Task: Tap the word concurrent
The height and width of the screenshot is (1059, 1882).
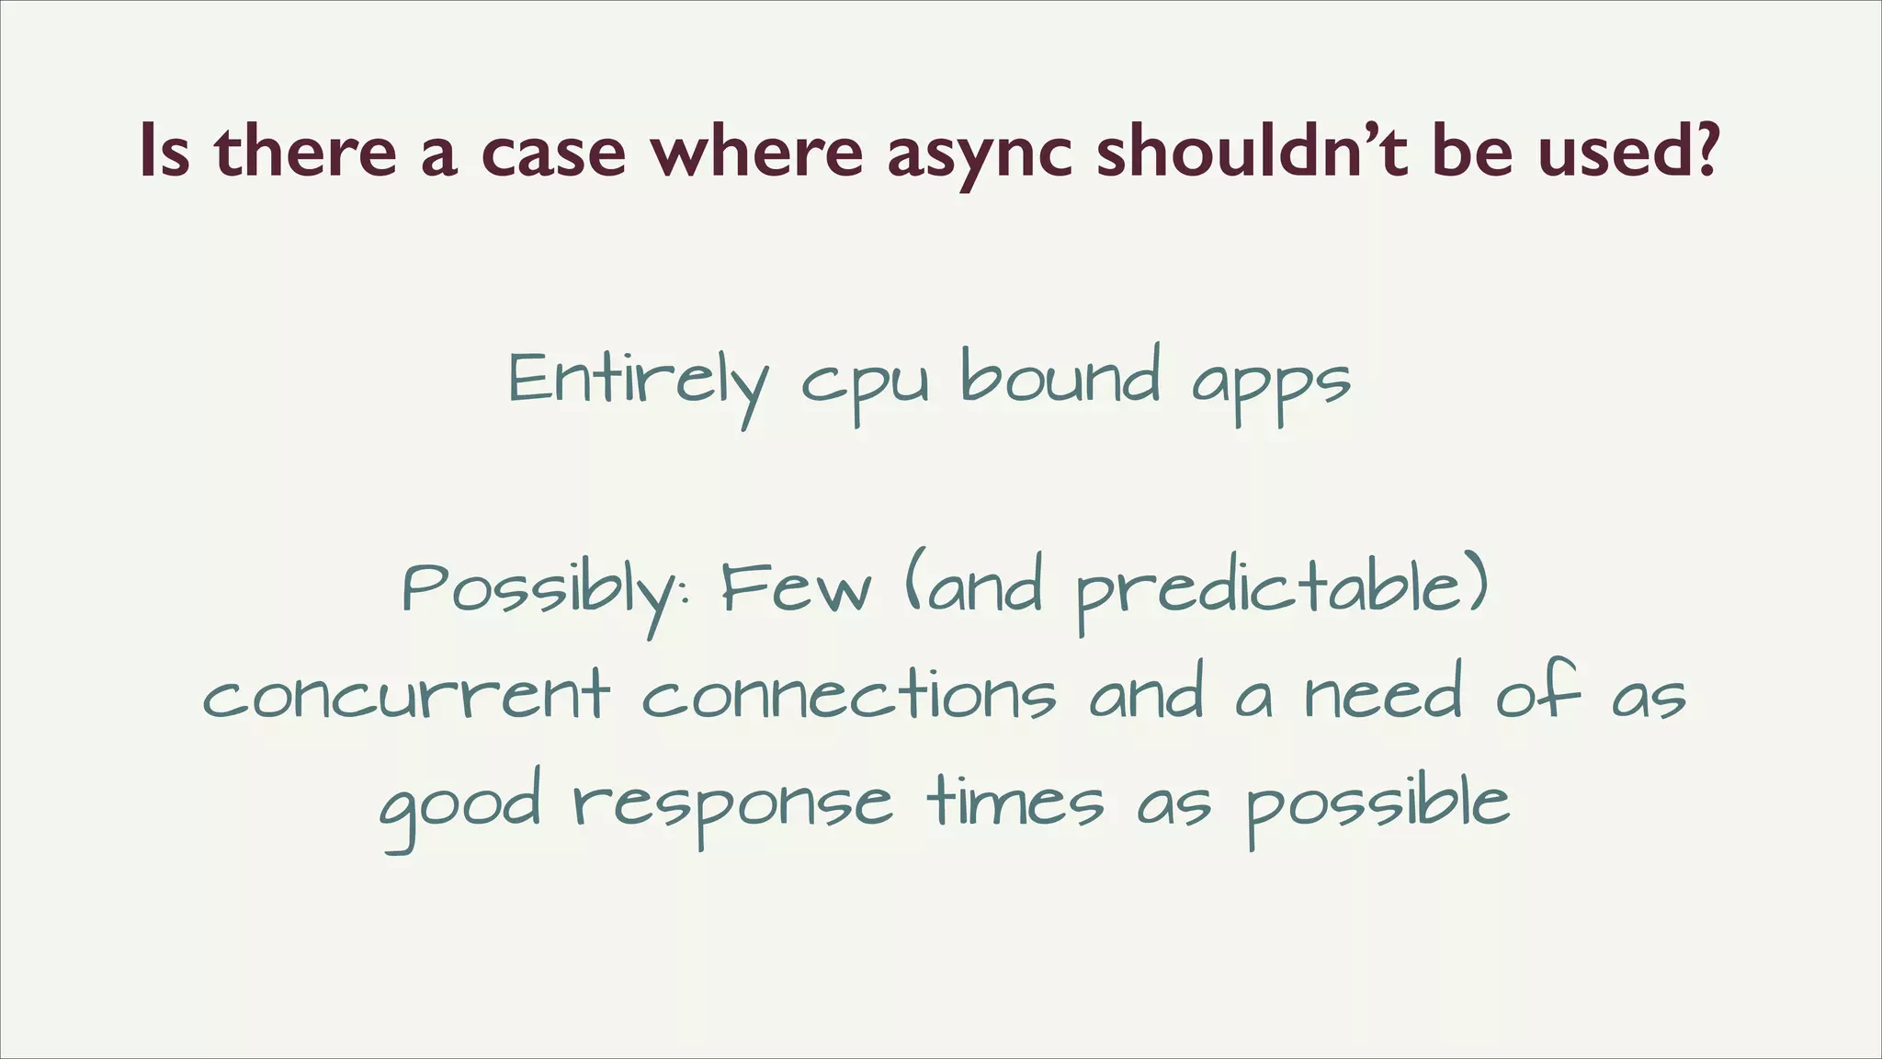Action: (x=405, y=696)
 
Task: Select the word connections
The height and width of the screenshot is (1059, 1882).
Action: (x=849, y=696)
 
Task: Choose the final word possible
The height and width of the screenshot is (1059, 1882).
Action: (x=1377, y=804)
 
